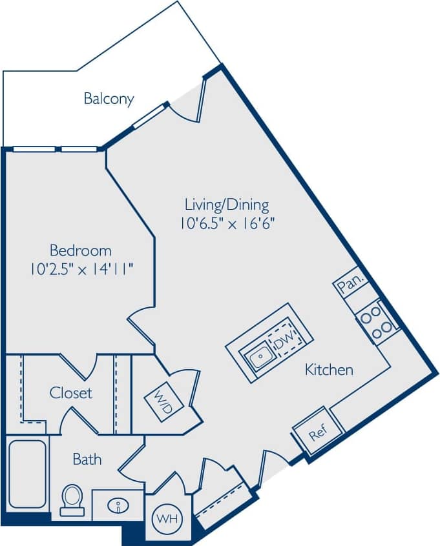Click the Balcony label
coord(109,99)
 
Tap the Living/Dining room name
coord(226,205)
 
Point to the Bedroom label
coord(80,250)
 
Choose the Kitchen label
coord(329,370)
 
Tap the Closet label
coord(71,392)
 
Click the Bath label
coord(87,460)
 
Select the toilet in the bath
coord(72,499)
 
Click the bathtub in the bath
coord(26,474)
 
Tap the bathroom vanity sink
coord(118,504)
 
